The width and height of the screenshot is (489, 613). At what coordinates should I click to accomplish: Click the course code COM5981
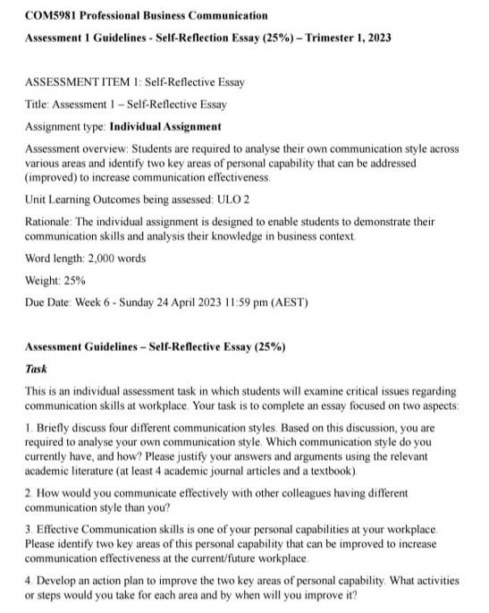[x=52, y=15]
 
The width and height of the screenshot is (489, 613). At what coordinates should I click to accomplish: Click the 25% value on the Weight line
[x=75, y=280]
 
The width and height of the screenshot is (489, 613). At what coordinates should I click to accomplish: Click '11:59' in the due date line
[x=256, y=302]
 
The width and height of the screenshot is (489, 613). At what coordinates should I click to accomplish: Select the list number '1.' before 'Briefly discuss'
[x=29, y=429]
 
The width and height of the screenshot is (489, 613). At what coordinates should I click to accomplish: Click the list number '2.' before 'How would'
[x=29, y=493]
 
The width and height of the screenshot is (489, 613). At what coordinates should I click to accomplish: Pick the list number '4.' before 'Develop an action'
[x=29, y=580]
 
